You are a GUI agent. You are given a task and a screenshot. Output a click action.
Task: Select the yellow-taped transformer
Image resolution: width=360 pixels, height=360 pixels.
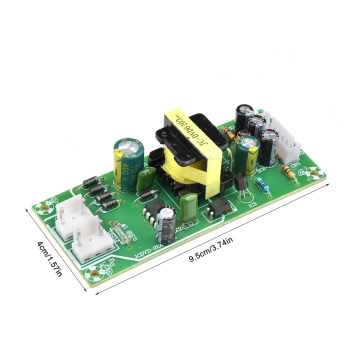(x=192, y=150)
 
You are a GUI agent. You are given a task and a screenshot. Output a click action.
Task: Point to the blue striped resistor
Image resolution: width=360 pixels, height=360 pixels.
(x=264, y=187)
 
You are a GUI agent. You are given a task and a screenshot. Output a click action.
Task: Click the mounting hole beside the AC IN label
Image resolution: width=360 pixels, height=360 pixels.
(x=94, y=273)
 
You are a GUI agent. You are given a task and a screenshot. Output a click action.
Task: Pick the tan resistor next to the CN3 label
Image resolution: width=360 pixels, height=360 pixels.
(x=289, y=172)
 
